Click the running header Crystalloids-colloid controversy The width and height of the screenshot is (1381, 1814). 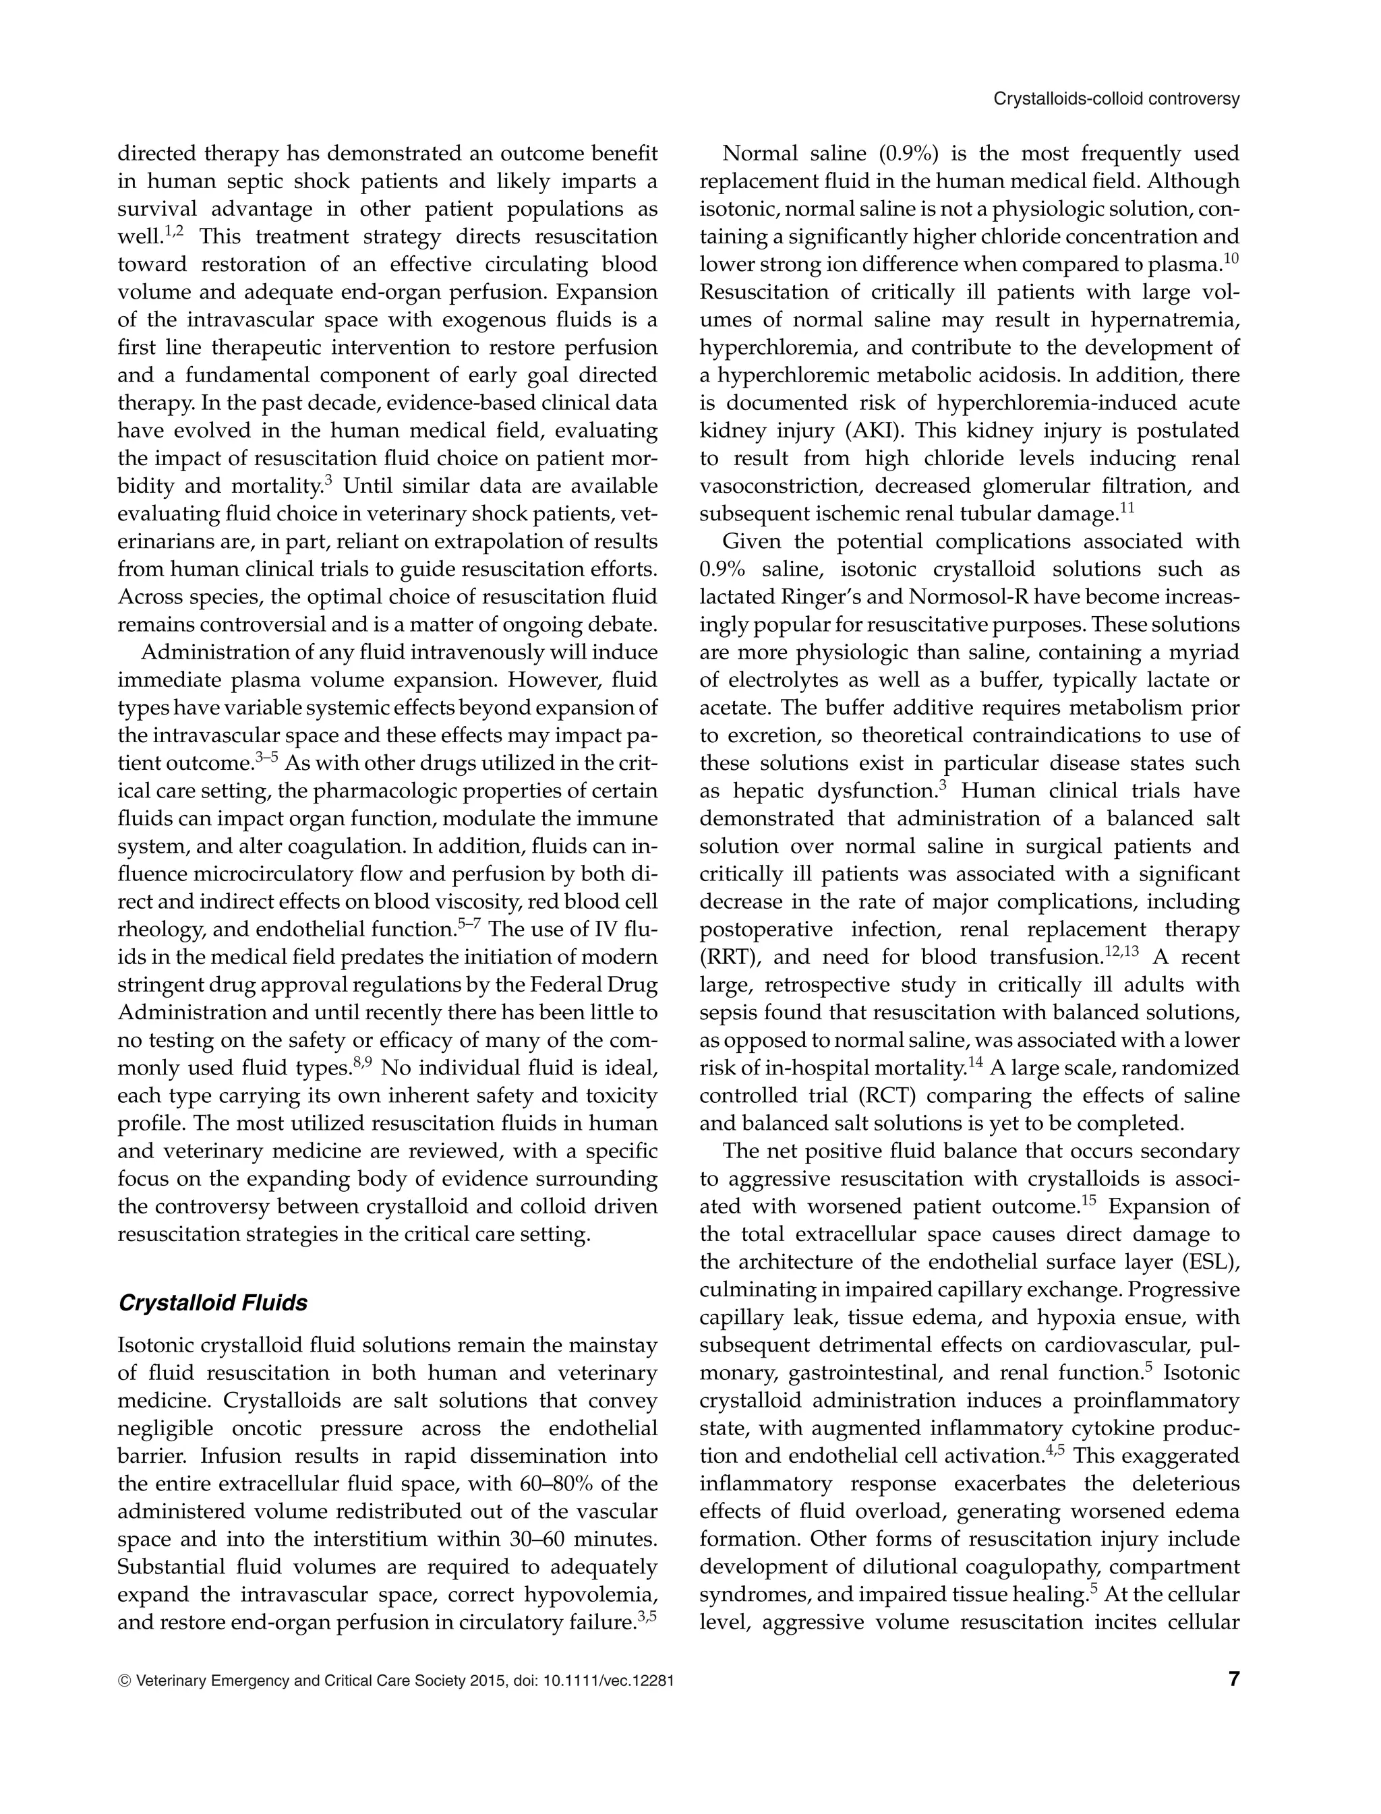click(x=1116, y=99)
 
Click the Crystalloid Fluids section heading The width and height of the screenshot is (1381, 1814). click(x=213, y=1303)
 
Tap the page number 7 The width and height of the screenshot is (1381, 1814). click(x=1233, y=1679)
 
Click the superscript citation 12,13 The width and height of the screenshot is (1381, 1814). click(x=1121, y=951)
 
